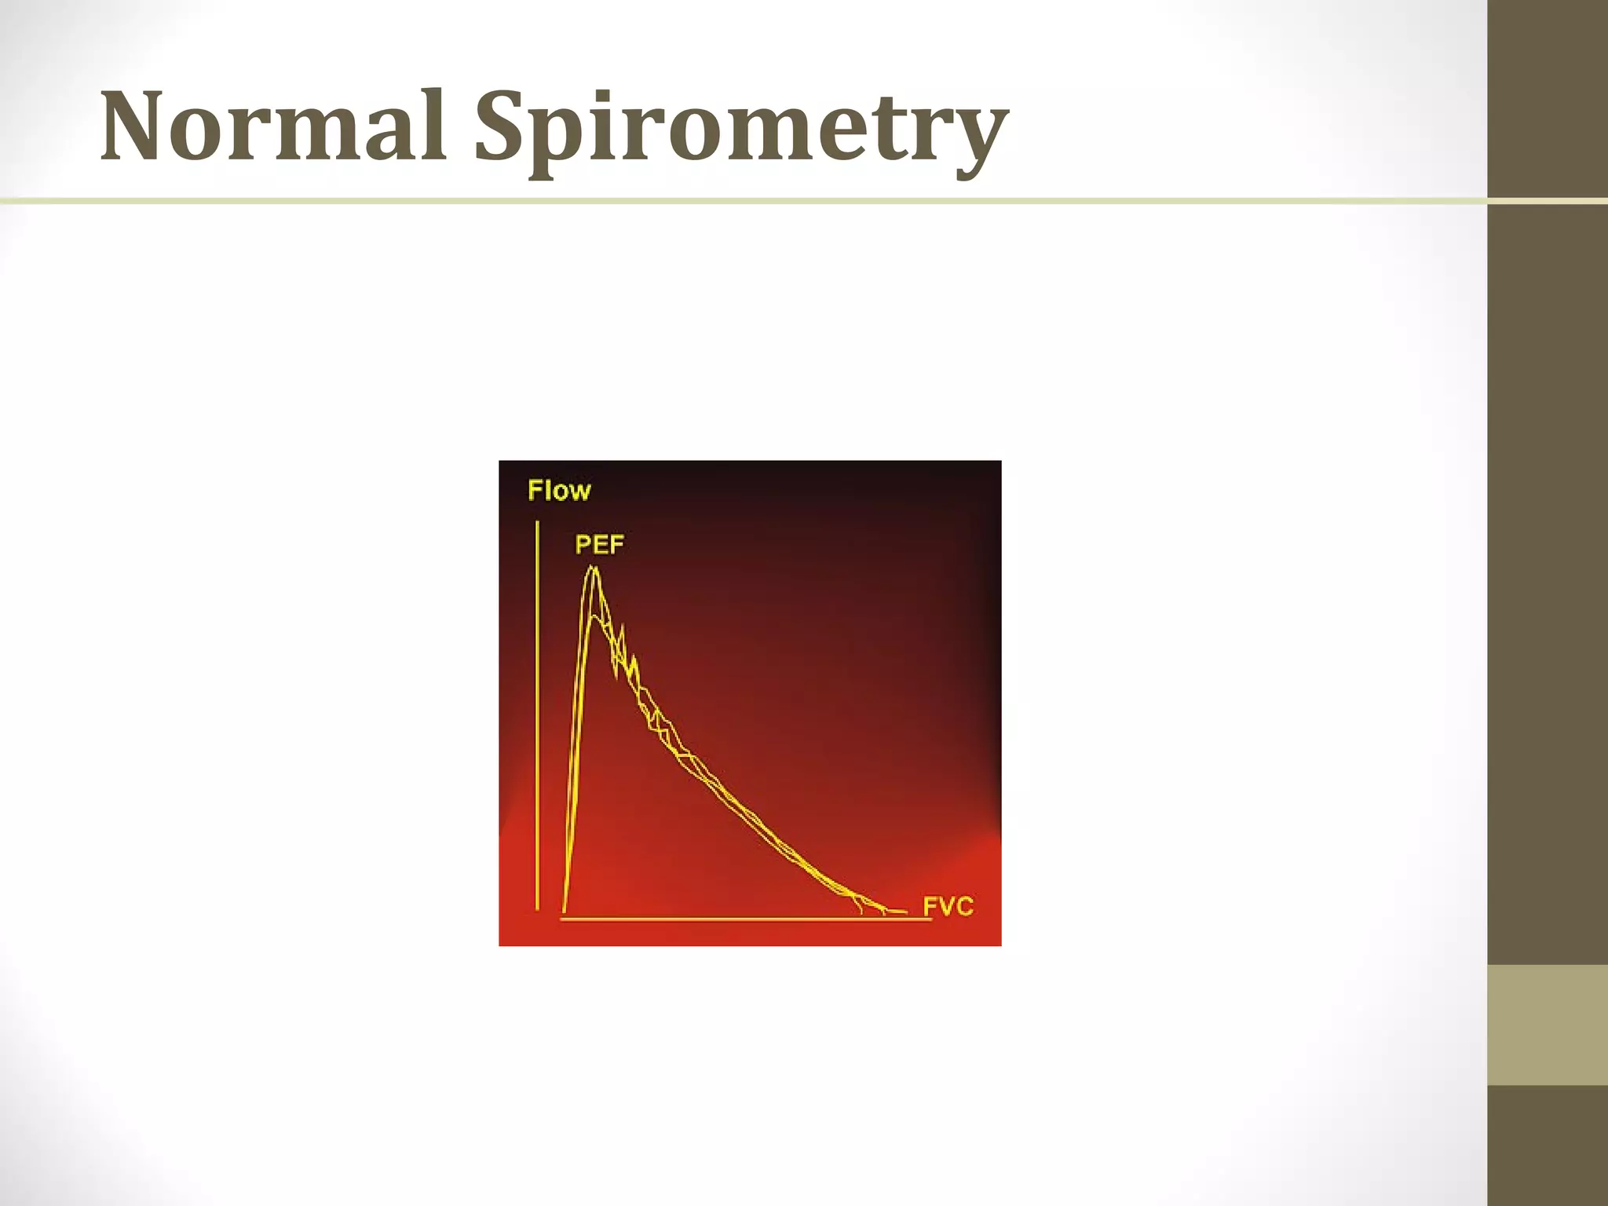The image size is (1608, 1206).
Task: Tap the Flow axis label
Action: [559, 491]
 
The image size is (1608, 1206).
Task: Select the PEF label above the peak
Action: [599, 544]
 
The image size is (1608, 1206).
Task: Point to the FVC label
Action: [948, 907]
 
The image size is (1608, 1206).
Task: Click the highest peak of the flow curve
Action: [594, 568]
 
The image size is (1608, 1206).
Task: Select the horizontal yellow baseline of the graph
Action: [746, 919]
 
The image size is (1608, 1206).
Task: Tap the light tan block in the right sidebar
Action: [1548, 1025]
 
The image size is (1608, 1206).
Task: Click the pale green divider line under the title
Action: [707, 202]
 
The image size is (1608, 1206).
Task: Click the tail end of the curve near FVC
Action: [903, 912]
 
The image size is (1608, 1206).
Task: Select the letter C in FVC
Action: [965, 907]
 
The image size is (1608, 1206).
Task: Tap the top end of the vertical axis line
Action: [537, 523]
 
